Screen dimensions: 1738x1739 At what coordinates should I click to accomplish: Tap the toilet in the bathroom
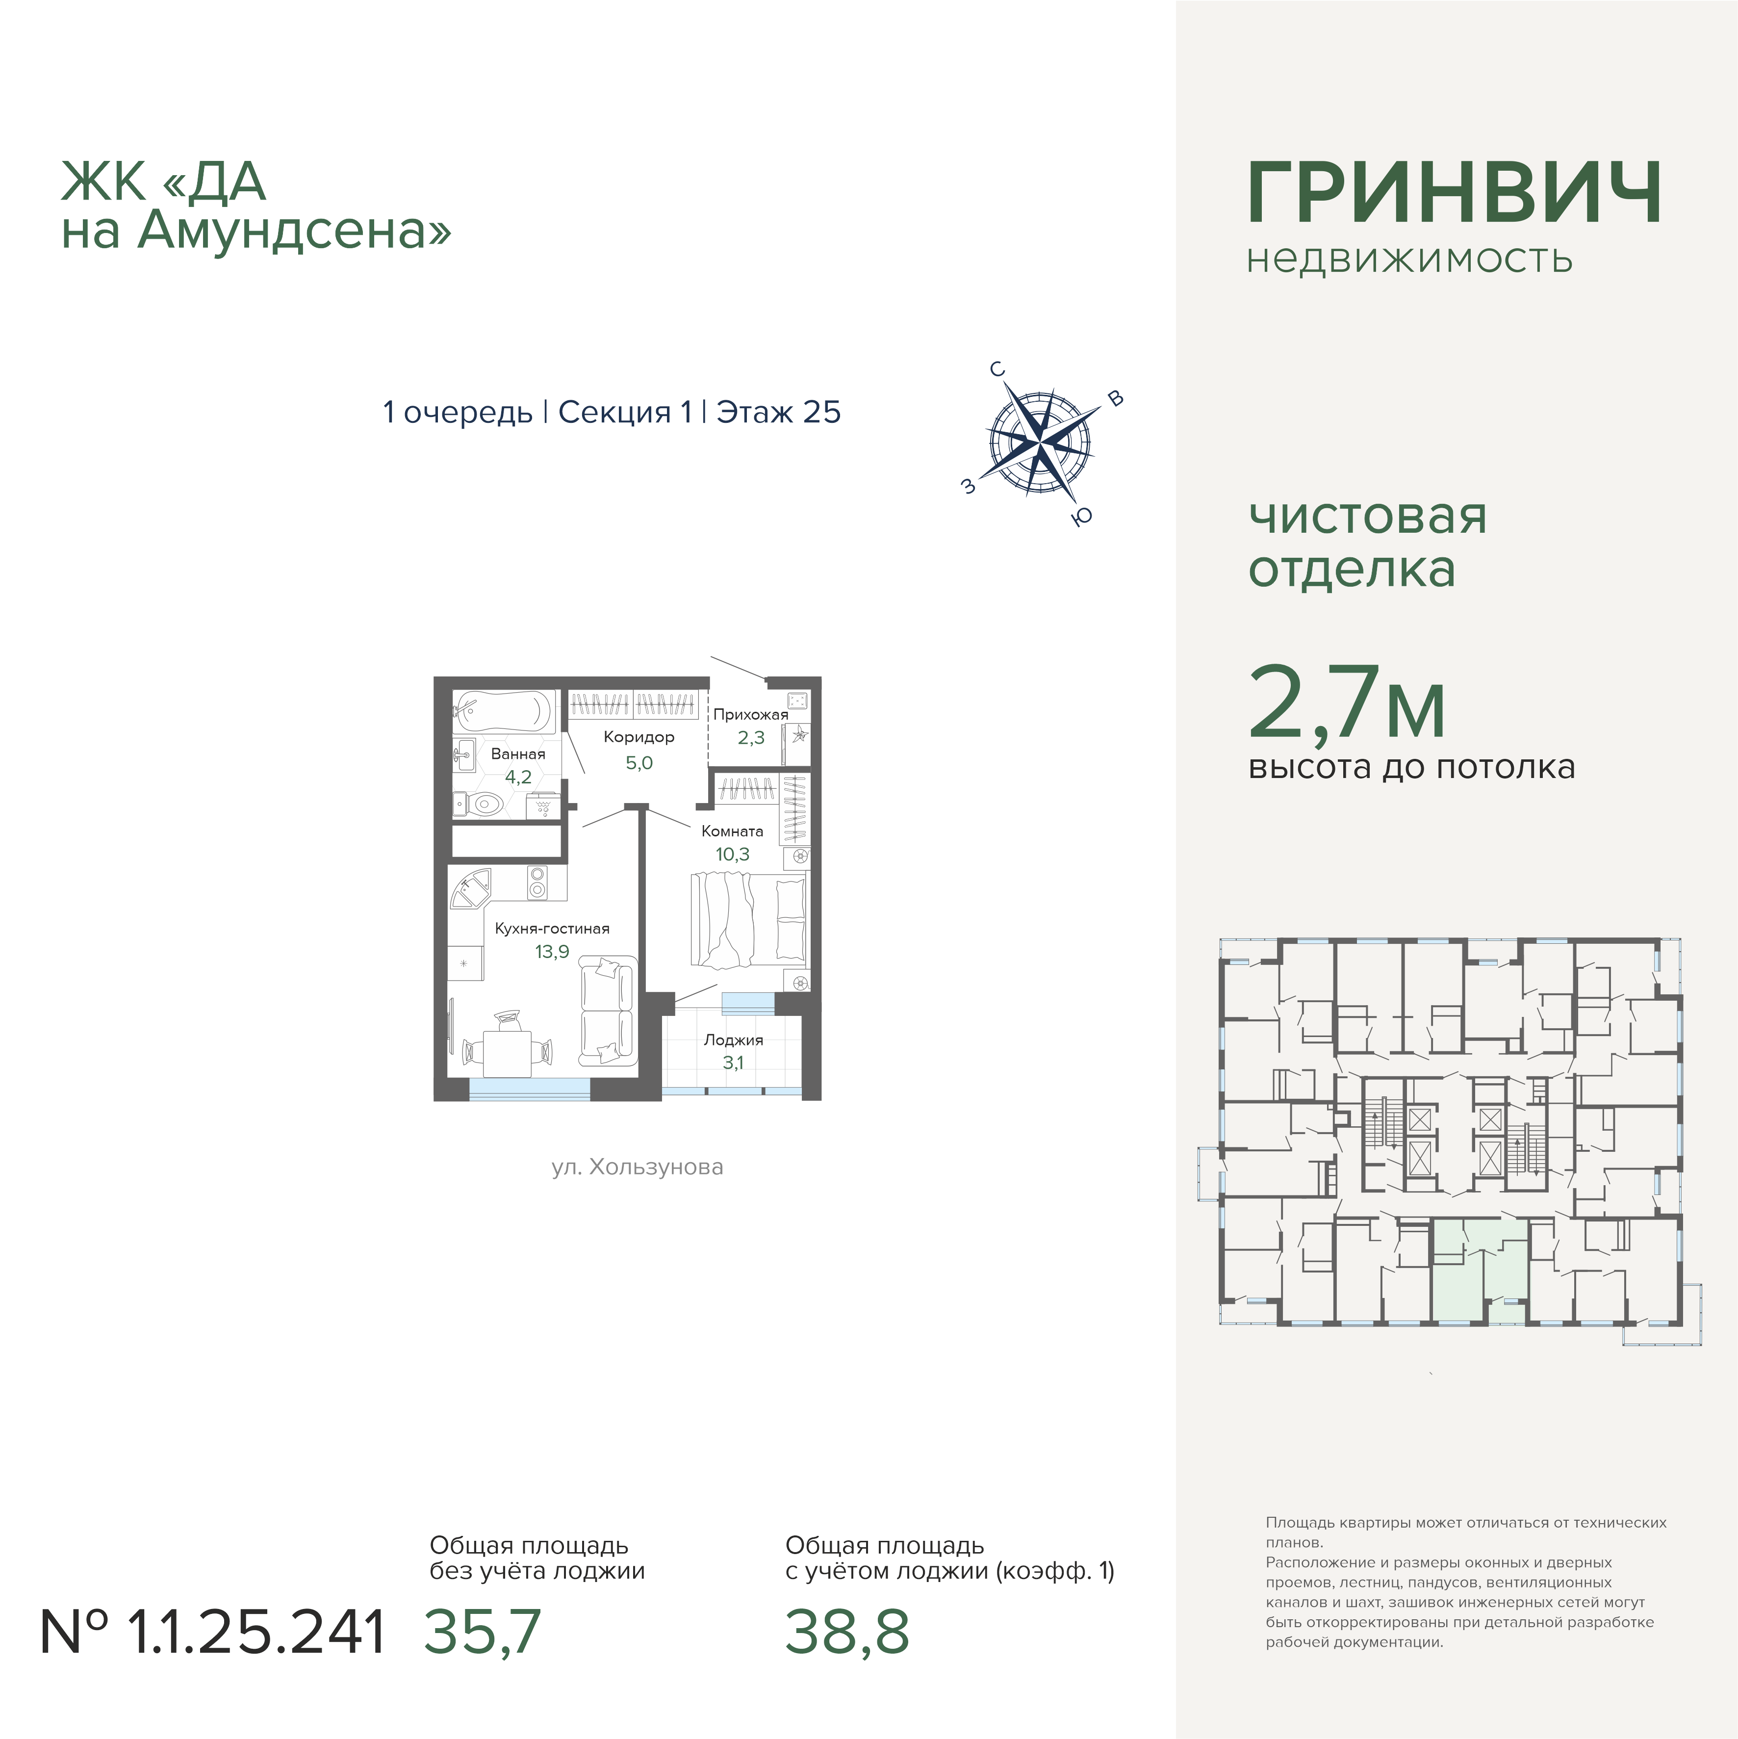click(x=482, y=803)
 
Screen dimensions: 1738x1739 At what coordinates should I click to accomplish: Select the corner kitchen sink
click(x=470, y=889)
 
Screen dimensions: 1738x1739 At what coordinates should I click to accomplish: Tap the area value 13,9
click(x=552, y=951)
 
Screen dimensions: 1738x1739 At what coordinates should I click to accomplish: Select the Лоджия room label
click(x=734, y=1039)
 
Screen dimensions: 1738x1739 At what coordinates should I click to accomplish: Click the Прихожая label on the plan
click(x=751, y=715)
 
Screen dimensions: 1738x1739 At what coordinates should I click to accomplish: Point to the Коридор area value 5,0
click(x=639, y=762)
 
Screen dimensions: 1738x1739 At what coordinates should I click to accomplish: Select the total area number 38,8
click(x=847, y=1633)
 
